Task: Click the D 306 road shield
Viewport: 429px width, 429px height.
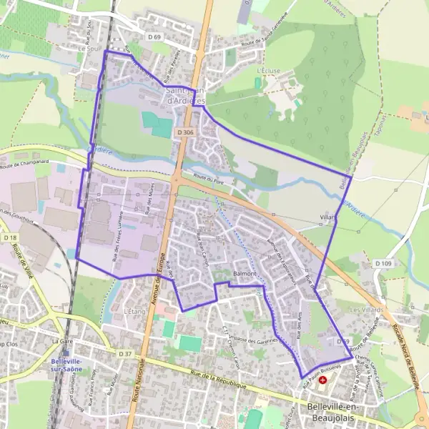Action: tap(185, 132)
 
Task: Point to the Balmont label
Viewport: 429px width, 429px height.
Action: tap(245, 274)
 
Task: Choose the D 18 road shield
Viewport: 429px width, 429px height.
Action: tap(9, 237)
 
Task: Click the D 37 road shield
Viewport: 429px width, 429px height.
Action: tap(127, 354)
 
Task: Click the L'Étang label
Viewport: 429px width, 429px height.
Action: tap(134, 312)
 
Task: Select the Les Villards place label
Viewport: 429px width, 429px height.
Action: tap(366, 309)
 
